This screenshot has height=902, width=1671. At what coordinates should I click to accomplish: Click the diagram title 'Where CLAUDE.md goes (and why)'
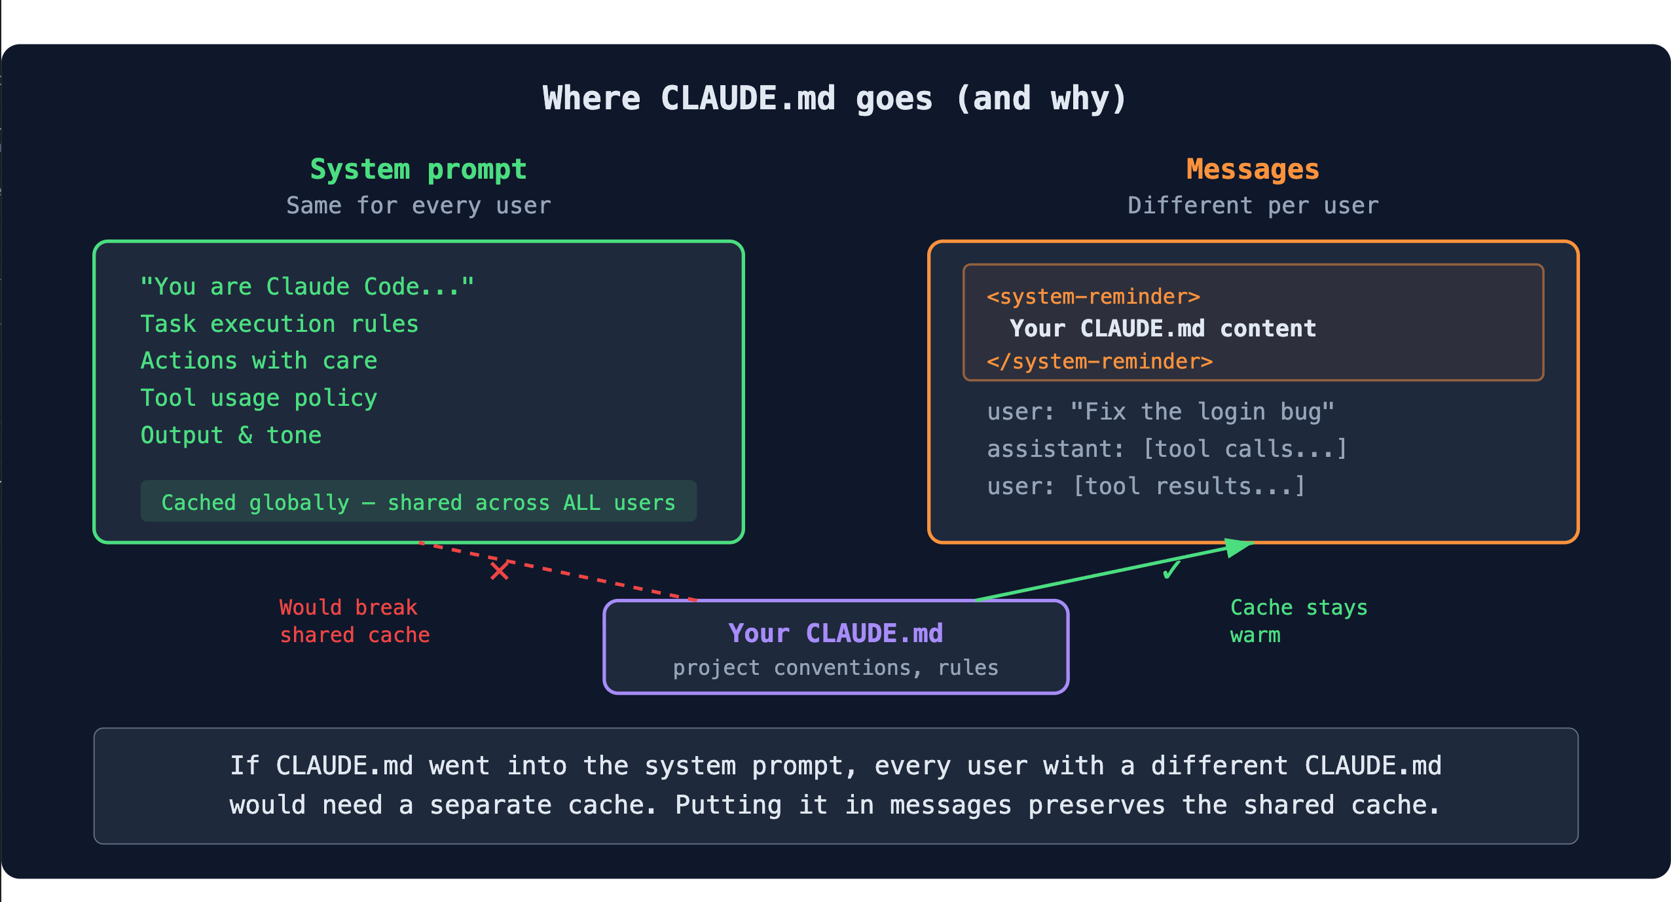(x=835, y=99)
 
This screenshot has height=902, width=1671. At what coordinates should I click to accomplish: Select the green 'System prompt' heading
(x=418, y=170)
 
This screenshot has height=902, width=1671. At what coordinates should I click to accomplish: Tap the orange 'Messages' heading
(x=1253, y=170)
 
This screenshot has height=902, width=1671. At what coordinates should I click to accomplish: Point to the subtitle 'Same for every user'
(x=418, y=206)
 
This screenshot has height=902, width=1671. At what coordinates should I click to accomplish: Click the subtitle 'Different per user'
(x=1253, y=206)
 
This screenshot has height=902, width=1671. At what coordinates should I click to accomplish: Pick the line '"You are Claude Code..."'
(x=307, y=287)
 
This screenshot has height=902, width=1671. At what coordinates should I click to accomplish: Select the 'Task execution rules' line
(x=280, y=324)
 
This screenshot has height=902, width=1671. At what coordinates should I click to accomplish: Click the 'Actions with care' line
(x=259, y=361)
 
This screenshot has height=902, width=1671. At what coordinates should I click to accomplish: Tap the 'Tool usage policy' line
(x=259, y=398)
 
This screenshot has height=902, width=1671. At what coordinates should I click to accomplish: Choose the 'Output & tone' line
(x=231, y=435)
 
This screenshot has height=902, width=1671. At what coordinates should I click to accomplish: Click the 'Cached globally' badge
(x=418, y=502)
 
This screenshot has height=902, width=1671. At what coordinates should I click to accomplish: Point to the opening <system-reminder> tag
(x=1093, y=297)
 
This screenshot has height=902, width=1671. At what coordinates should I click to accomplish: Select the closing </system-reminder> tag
(x=1100, y=361)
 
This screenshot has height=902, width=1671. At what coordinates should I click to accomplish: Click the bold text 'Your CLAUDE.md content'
(x=1163, y=329)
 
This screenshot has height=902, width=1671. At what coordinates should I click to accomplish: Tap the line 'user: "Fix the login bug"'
(x=1160, y=412)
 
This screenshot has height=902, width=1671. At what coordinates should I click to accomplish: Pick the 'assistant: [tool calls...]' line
(x=1167, y=449)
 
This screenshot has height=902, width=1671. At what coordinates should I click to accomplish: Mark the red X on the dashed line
(x=500, y=570)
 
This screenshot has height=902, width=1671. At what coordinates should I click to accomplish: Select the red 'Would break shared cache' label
(x=354, y=621)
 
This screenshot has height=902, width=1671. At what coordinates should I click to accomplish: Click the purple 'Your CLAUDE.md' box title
(x=835, y=634)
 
